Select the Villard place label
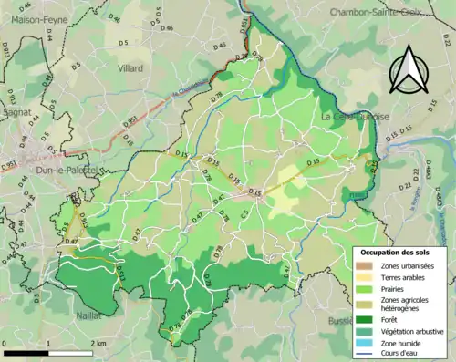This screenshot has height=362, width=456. [x=130, y=67]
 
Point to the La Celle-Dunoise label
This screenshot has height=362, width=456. [x=355, y=117]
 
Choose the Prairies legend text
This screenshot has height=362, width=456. [x=395, y=284]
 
